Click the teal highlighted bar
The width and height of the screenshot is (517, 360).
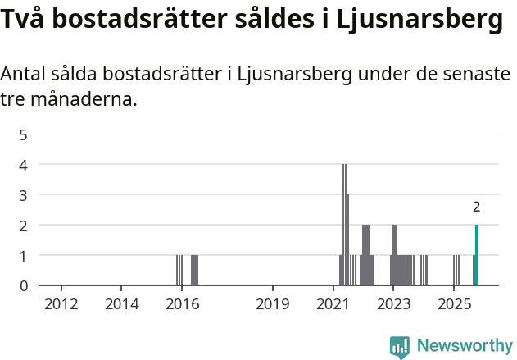(x=476, y=255)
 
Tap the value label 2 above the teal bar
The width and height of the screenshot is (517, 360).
(x=476, y=207)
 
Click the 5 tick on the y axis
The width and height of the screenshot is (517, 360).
(x=24, y=134)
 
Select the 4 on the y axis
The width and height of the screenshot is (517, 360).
(x=24, y=165)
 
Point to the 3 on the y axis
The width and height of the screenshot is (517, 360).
(x=24, y=195)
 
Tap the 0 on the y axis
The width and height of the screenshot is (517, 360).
(x=24, y=285)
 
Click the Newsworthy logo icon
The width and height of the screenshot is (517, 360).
(x=400, y=347)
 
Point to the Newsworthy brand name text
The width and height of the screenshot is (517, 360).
(x=464, y=346)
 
